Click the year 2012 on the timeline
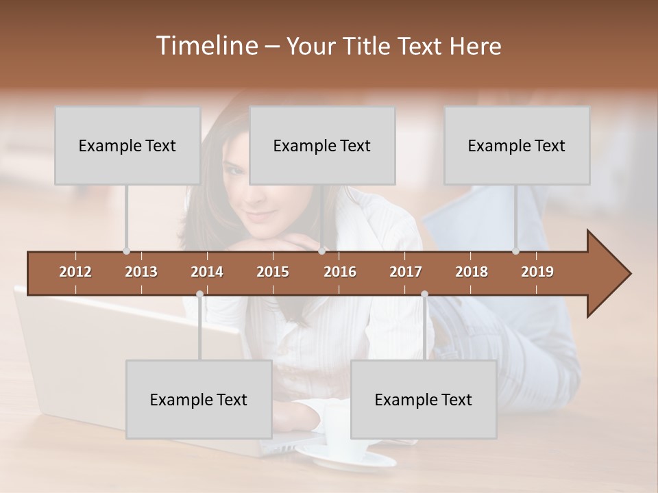(x=75, y=272)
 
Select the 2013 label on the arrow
(x=141, y=272)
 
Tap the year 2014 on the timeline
(x=207, y=272)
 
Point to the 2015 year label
(x=273, y=272)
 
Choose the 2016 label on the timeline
(x=340, y=272)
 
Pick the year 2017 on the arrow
(x=406, y=272)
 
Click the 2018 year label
(x=472, y=272)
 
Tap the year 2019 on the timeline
(x=537, y=272)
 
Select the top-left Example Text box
(x=127, y=145)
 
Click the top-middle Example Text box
(x=322, y=145)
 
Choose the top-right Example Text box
(x=517, y=145)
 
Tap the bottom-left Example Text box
(x=199, y=399)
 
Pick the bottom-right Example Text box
(x=424, y=399)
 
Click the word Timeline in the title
(x=206, y=46)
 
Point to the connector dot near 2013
(x=126, y=251)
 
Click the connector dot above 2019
(x=515, y=251)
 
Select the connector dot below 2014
(x=199, y=294)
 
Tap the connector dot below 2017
(x=424, y=294)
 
